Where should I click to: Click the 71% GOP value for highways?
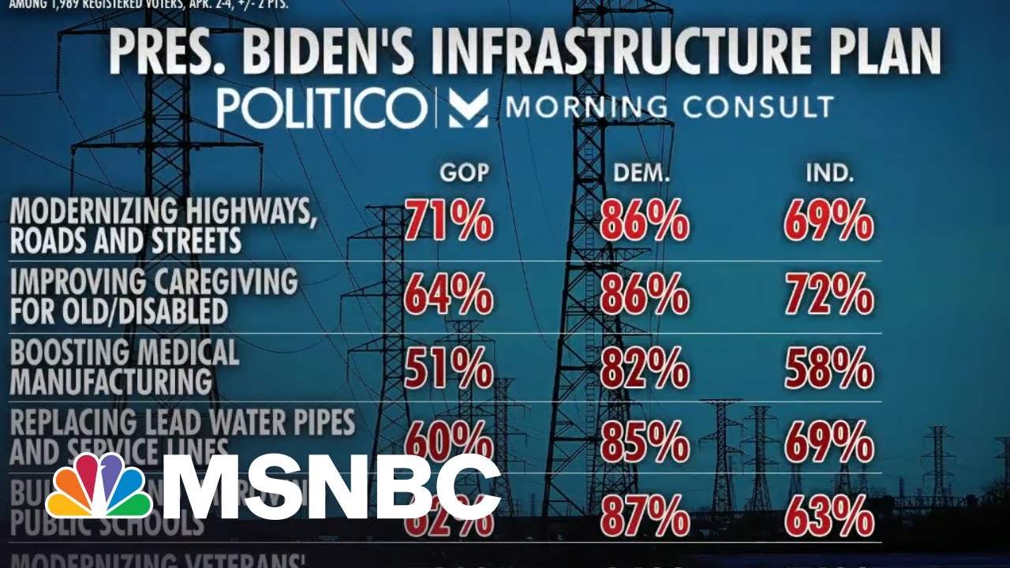(449, 221)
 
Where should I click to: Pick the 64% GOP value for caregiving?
(449, 297)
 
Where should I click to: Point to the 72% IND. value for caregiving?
(829, 297)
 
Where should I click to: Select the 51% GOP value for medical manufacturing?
(449, 368)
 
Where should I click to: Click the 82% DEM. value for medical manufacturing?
(644, 368)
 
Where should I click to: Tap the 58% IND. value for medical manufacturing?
(829, 368)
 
